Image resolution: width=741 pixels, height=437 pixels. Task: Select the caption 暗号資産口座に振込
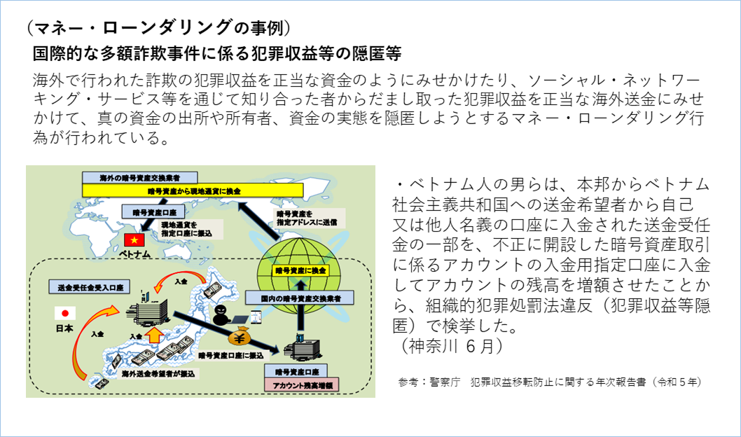(230, 355)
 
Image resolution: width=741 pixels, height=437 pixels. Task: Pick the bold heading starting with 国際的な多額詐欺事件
(216, 54)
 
